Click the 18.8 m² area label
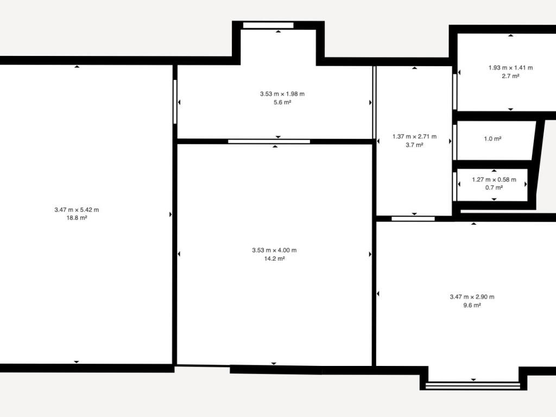[x=77, y=218]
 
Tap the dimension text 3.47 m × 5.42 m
[x=77, y=210]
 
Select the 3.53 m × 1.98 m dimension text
[x=282, y=94]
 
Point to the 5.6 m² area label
[x=282, y=103]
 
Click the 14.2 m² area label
[x=274, y=259]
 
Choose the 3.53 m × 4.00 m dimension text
[x=274, y=250]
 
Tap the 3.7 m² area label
[x=414, y=145]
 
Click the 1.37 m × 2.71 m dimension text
[x=414, y=136]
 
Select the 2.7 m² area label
[x=510, y=76]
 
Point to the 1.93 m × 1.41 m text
[x=510, y=68]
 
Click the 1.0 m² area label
[x=492, y=139]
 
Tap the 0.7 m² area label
[x=494, y=188]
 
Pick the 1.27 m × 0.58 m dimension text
[x=494, y=180]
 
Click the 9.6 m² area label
[x=472, y=306]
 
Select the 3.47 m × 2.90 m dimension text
[x=472, y=297]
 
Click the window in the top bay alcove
[x=268, y=25]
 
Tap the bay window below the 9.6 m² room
[x=473, y=386]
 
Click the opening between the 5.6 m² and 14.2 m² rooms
[x=269, y=142]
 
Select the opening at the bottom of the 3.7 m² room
[x=413, y=219]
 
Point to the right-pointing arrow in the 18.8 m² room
[x=170, y=214]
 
